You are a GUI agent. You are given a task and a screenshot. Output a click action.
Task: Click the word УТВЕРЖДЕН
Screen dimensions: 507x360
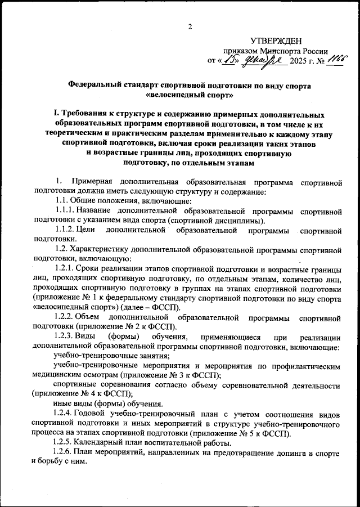coord(276,40)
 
